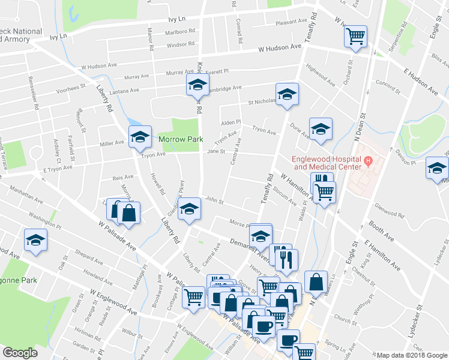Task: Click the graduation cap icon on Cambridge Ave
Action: tap(197, 85)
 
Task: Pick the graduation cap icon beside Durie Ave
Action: tap(321, 128)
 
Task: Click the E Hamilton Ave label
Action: tap(382, 254)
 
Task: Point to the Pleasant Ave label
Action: tap(291, 22)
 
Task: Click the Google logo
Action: tap(20, 353)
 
